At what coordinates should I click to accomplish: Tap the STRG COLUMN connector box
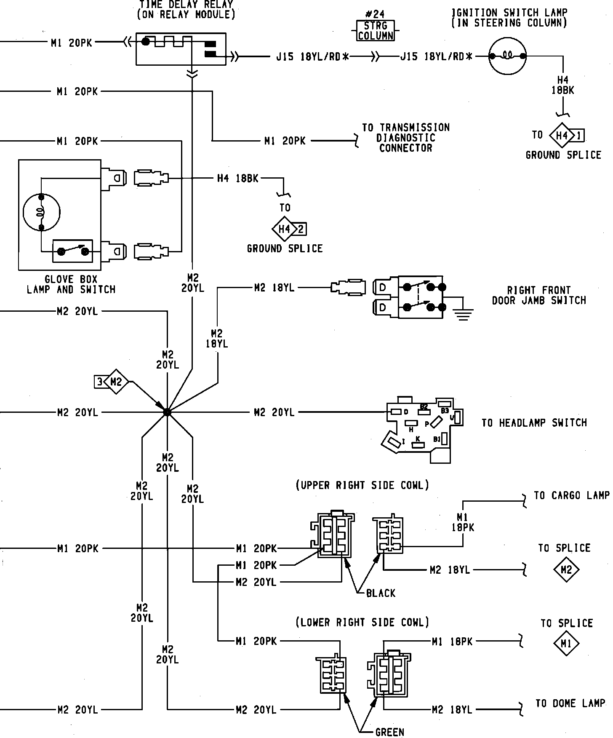tap(376, 31)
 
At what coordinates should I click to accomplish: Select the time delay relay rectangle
tap(181, 49)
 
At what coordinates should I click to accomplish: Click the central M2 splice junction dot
tap(167, 412)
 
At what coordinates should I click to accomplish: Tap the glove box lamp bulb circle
tap(41, 212)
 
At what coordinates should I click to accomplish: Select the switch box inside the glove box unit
tap(72, 251)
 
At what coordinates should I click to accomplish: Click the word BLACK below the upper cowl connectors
tap(381, 593)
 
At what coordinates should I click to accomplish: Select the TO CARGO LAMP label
tap(571, 495)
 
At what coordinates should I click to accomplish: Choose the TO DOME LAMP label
tap(570, 703)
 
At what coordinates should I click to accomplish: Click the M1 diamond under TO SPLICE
tap(566, 643)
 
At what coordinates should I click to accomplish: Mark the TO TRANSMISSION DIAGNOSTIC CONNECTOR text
tap(405, 138)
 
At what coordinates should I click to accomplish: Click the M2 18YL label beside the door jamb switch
tap(274, 288)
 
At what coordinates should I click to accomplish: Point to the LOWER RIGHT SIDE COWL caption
tap(362, 622)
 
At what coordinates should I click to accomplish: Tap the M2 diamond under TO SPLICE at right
tap(566, 570)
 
